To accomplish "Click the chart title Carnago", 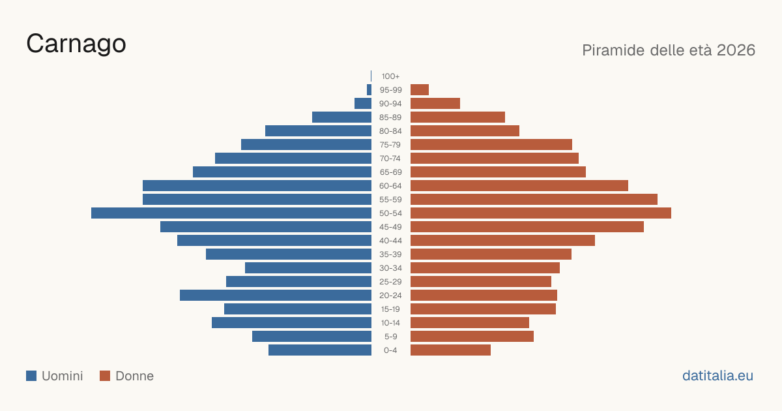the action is [x=76, y=44].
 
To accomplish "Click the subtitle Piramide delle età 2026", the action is [x=669, y=50].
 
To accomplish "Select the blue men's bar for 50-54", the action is [x=231, y=213].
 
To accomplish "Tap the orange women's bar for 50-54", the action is [x=541, y=213].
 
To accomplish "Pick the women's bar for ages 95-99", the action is [x=420, y=90].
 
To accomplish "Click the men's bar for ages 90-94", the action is [x=363, y=104].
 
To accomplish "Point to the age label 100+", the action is [x=390, y=76].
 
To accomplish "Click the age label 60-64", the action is [x=390, y=186].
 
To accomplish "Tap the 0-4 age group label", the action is [x=390, y=350].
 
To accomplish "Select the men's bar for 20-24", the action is [x=276, y=296].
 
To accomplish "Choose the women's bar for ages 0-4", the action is [x=450, y=350].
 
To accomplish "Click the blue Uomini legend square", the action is [x=31, y=376].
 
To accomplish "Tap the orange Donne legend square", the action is [x=105, y=376].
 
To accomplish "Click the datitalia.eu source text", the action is [x=717, y=376].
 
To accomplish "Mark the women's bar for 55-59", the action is [x=534, y=200].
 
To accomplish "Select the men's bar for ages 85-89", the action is [x=341, y=117].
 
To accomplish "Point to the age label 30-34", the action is [x=390, y=268].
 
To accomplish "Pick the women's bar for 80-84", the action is [x=465, y=130].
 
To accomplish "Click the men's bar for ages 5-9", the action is [x=311, y=337].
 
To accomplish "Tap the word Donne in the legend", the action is [x=134, y=376].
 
